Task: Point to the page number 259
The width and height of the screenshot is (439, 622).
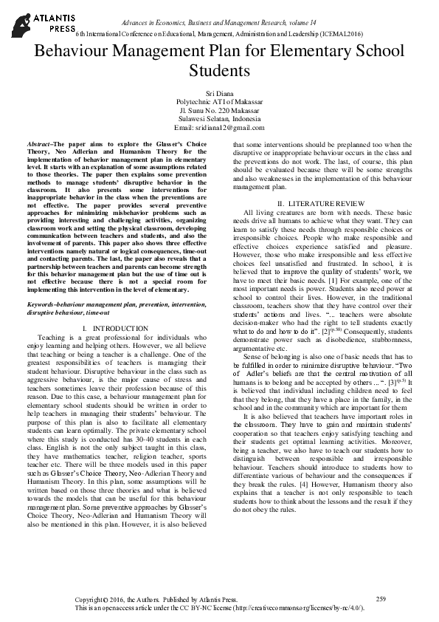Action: (381, 598)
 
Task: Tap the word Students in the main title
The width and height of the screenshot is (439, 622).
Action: (219, 71)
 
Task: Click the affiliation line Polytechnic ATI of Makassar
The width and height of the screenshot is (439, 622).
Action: (219, 100)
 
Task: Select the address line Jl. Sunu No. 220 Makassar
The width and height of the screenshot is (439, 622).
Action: (219, 109)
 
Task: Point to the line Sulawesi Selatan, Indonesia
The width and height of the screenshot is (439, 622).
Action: (219, 118)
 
